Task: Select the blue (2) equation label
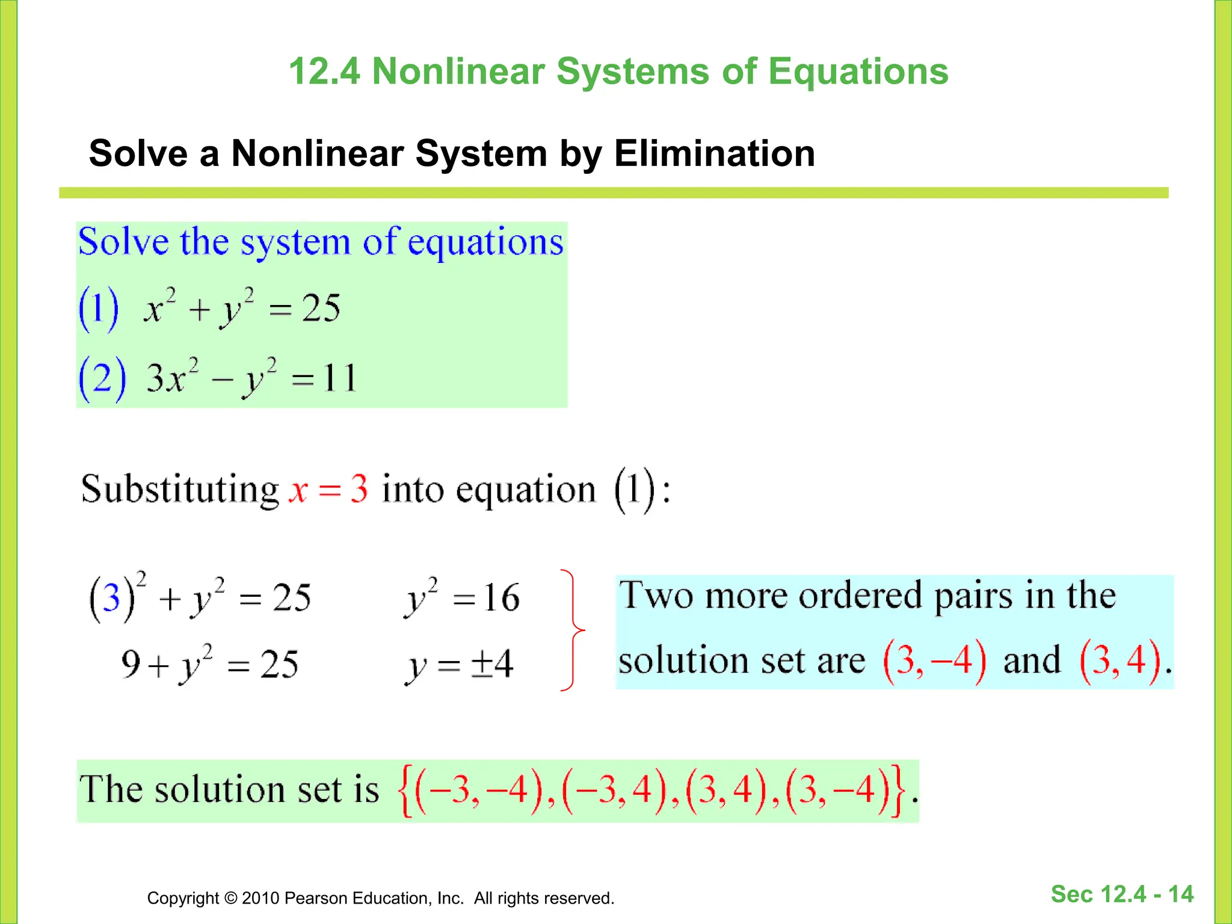pyautogui.click(x=102, y=378)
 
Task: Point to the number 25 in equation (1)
pyautogui.click(x=321, y=309)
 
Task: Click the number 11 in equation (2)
pyautogui.click(x=339, y=378)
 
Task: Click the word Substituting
pyautogui.click(x=180, y=488)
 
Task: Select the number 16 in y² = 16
pyautogui.click(x=501, y=597)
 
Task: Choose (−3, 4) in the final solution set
pyautogui.click(x=614, y=789)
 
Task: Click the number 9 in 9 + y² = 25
pyautogui.click(x=131, y=664)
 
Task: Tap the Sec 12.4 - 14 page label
pyautogui.click(x=1122, y=895)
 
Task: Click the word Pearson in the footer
pyautogui.click(x=316, y=898)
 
